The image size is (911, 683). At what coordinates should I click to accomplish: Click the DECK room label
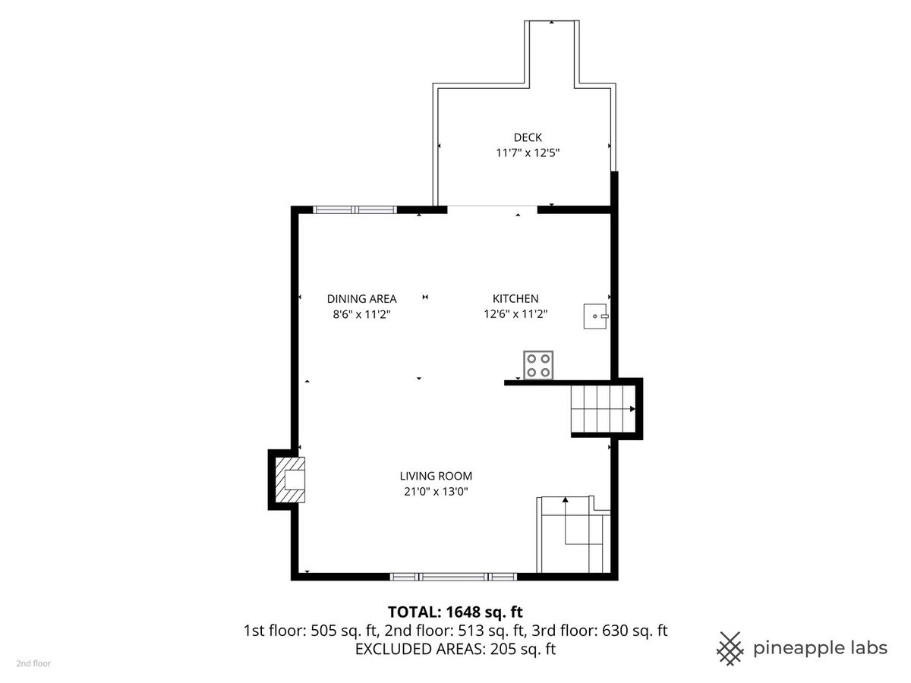tap(528, 137)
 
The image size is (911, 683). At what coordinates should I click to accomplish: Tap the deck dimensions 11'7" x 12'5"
tap(528, 153)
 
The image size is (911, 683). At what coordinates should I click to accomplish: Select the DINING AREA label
tap(361, 298)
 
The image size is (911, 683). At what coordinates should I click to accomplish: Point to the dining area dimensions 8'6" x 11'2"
tap(361, 314)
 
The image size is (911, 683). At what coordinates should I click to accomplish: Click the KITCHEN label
tap(515, 298)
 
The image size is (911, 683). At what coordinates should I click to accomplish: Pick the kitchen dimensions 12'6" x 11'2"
tap(515, 314)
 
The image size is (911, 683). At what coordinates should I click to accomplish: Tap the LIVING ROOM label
tap(436, 476)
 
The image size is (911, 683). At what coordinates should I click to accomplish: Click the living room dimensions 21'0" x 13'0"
tap(436, 492)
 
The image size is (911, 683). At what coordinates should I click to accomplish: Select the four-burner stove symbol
tap(538, 365)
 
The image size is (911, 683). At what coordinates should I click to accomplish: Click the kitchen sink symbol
tap(596, 316)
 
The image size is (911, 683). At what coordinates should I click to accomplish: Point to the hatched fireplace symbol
tap(290, 480)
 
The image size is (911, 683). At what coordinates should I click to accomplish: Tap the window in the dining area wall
tap(355, 210)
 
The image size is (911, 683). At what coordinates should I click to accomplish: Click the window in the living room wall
tap(454, 577)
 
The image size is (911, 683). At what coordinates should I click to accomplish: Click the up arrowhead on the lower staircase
tap(565, 500)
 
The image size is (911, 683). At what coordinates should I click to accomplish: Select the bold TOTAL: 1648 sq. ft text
tap(455, 612)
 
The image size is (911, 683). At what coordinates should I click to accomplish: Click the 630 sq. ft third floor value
tap(635, 631)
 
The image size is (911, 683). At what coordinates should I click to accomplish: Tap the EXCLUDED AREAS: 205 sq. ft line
tap(455, 649)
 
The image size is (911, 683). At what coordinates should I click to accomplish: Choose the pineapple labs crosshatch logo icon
tap(730, 649)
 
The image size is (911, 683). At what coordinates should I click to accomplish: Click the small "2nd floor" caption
tap(33, 663)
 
